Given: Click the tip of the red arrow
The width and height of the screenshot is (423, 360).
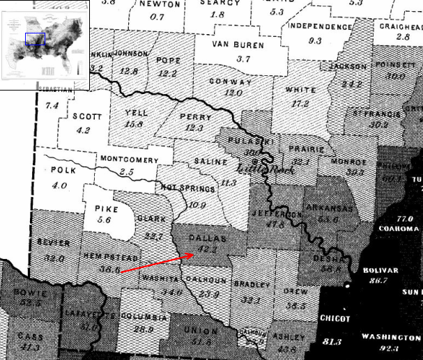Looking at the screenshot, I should pos(196,253).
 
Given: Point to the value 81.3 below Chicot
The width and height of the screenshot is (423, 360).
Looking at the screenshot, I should pos(332,342).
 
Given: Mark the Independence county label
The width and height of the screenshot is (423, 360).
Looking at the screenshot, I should pos(321,26).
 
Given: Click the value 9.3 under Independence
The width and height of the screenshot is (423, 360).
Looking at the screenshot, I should pos(315,41).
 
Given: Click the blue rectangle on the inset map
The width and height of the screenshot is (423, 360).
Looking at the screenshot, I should pos(35,38).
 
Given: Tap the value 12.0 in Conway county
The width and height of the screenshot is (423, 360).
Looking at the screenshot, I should pos(233,93).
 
